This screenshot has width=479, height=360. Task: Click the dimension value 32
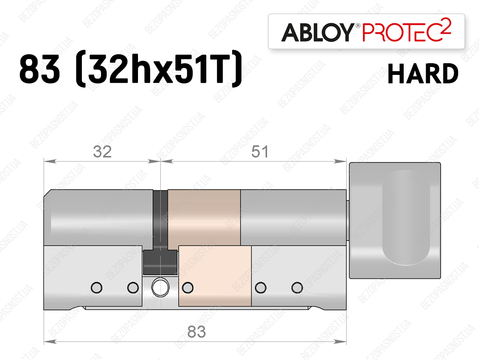point(102,152)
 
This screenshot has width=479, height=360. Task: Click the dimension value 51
point(260,152)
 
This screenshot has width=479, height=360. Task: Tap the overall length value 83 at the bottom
point(196,332)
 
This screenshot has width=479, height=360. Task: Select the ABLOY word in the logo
point(318,32)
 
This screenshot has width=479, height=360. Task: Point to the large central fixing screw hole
point(160,287)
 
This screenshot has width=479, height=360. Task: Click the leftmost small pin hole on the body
point(96,287)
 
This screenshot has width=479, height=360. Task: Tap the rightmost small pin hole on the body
point(297,287)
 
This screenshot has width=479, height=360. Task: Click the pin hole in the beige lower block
point(188,287)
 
